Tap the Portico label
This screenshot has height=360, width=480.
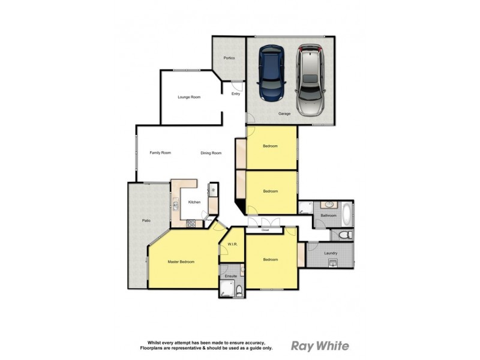pyautogui.click(x=229, y=58)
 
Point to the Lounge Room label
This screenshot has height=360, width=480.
pyautogui.click(x=189, y=97)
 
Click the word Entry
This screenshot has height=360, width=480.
pyautogui.click(x=235, y=94)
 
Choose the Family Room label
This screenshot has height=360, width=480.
pyautogui.click(x=160, y=153)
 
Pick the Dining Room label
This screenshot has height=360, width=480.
pyautogui.click(x=211, y=153)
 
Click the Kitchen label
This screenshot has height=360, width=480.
pyautogui.click(x=194, y=202)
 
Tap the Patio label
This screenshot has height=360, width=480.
pyautogui.click(x=146, y=221)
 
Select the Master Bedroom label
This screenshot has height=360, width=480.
pyautogui.click(x=181, y=262)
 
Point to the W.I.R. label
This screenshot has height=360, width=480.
pyautogui.click(x=233, y=244)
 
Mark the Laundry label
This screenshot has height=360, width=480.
pyautogui.click(x=331, y=253)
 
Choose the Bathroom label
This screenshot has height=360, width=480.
pyautogui.click(x=328, y=215)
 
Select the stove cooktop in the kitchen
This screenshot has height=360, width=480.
pyautogui.click(x=191, y=224)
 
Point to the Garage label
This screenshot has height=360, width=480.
pyautogui.click(x=284, y=113)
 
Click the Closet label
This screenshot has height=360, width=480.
pyautogui.click(x=265, y=230)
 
